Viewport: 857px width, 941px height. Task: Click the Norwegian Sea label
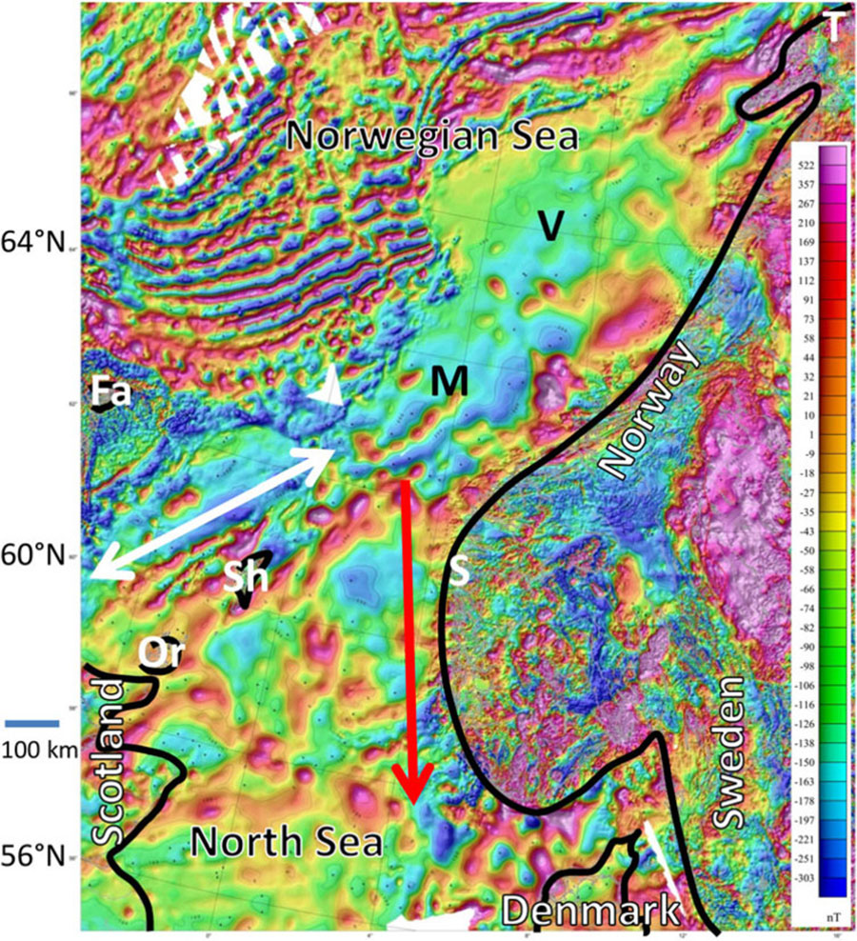coord(432,136)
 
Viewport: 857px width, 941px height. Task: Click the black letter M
coord(448,382)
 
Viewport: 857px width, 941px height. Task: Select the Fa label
coord(111,392)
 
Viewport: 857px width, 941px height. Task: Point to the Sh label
coord(246,576)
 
